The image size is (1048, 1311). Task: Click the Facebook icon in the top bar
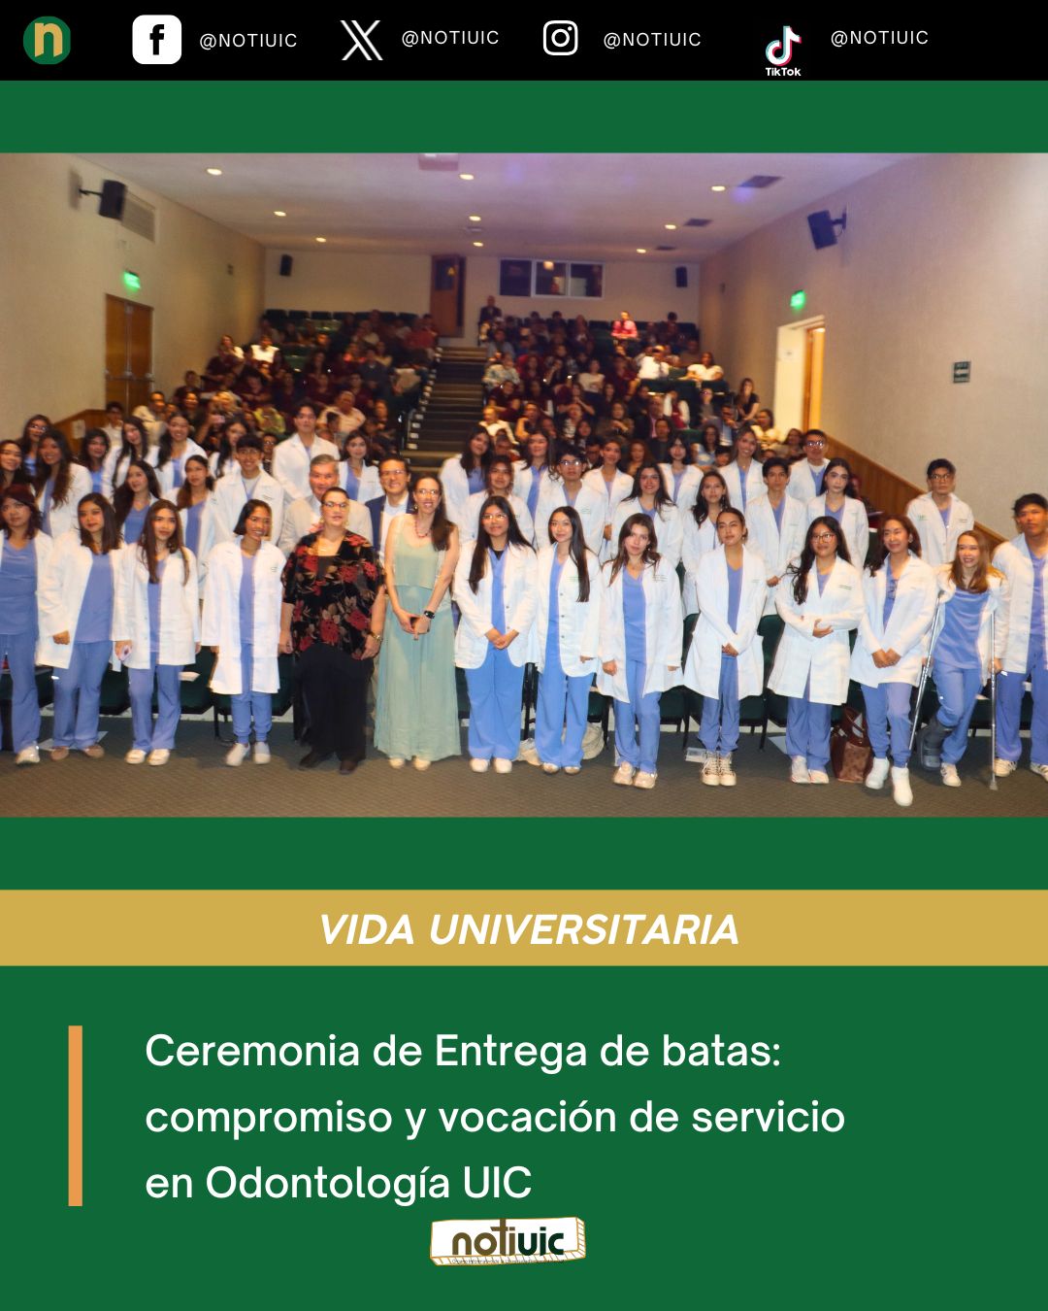(x=156, y=40)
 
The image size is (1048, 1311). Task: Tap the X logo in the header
(x=361, y=40)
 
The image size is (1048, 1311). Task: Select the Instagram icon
(x=560, y=38)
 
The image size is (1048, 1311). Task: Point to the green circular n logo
(x=47, y=40)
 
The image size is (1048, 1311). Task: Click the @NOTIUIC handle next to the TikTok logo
(x=879, y=38)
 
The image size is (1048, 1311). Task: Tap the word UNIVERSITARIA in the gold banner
(x=583, y=929)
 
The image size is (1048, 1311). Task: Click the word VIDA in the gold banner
(x=367, y=929)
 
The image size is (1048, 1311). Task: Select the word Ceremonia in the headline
(x=252, y=1051)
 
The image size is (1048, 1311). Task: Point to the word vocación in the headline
(x=527, y=1117)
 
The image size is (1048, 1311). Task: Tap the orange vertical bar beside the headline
(x=76, y=1116)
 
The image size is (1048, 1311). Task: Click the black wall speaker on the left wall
(x=111, y=199)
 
